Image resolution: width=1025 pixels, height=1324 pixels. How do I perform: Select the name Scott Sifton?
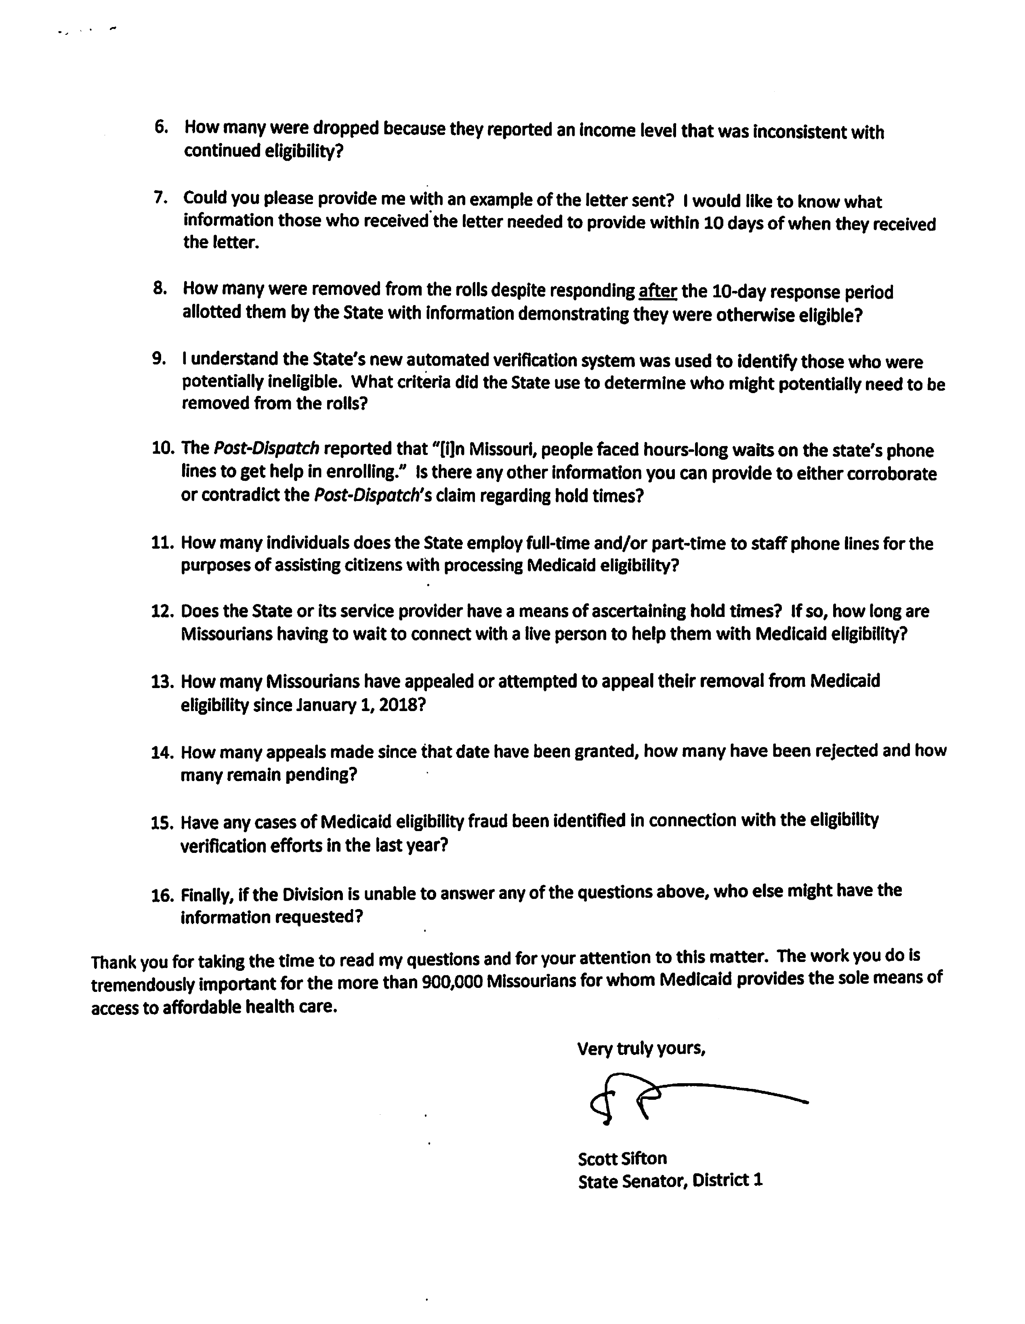pyautogui.click(x=622, y=1158)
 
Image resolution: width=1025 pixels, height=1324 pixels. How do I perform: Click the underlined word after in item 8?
pyautogui.click(x=657, y=292)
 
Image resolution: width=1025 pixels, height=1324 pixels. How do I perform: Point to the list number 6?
pyautogui.click(x=161, y=127)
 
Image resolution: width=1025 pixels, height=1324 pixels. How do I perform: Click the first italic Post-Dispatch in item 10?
pyautogui.click(x=266, y=448)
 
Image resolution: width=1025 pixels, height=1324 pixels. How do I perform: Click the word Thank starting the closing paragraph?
pyautogui.click(x=113, y=962)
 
